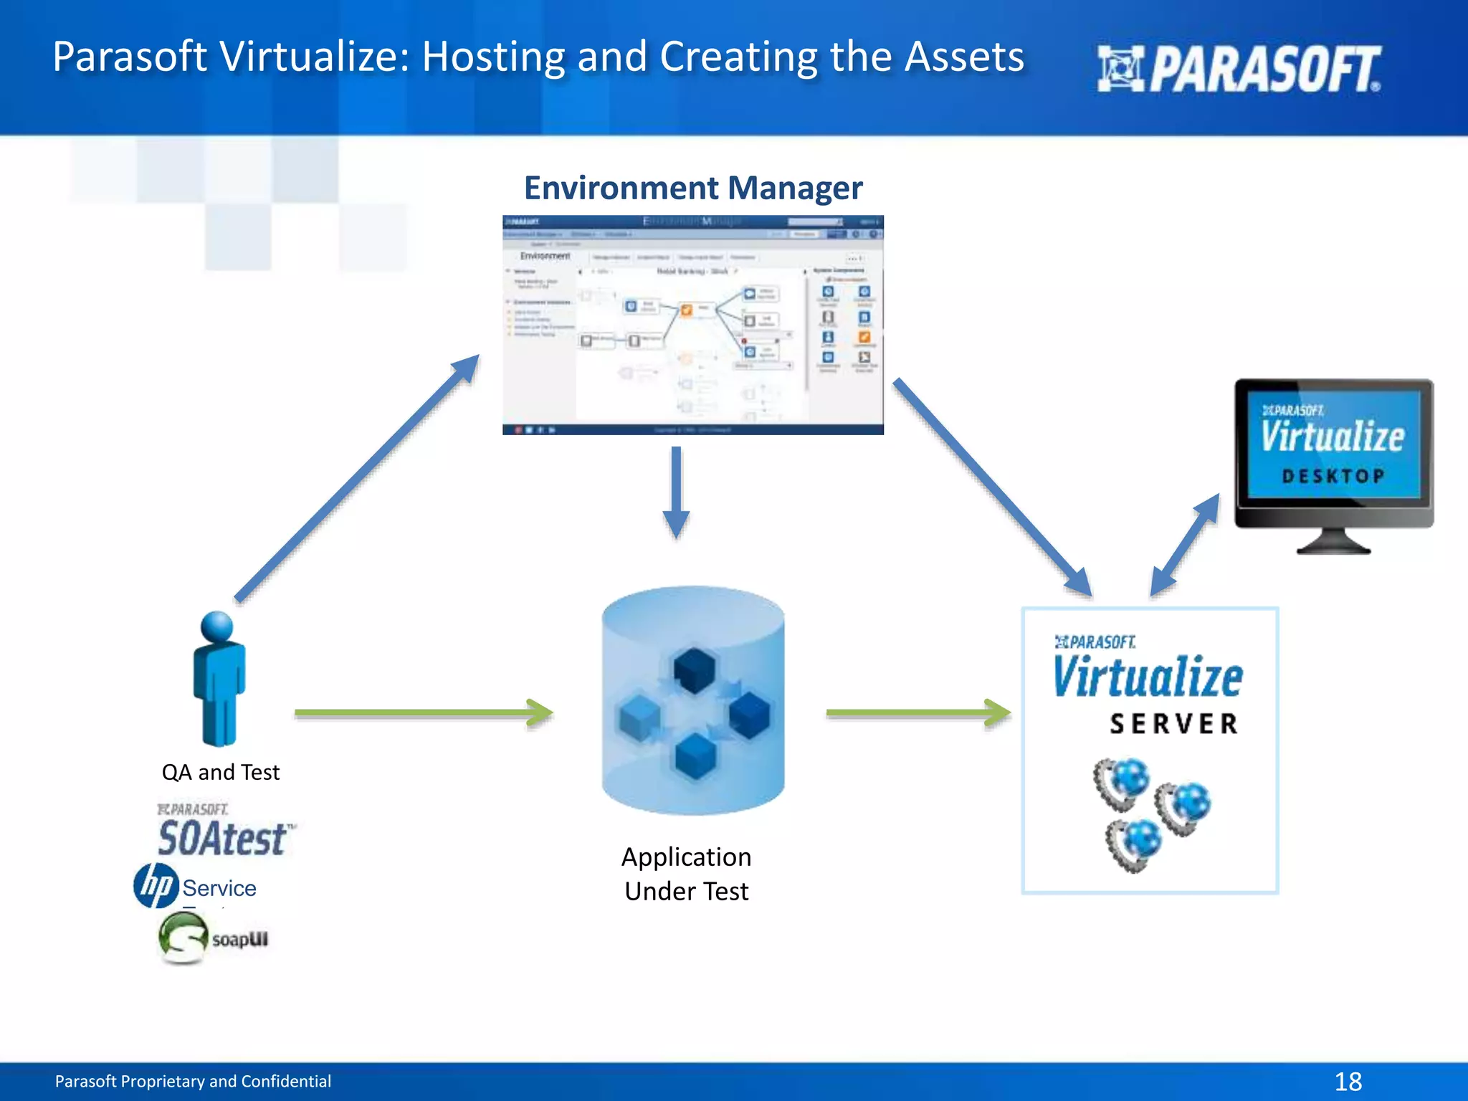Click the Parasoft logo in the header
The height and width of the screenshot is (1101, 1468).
[x=1239, y=69]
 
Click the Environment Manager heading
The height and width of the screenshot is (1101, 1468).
[x=692, y=188]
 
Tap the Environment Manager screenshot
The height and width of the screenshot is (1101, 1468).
[x=692, y=325]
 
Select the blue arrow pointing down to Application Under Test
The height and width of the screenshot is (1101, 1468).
[x=676, y=493]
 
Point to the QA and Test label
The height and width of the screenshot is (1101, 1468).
[x=220, y=772]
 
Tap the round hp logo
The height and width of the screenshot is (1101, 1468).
[x=156, y=885]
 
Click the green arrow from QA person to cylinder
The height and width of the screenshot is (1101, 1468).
[x=423, y=712]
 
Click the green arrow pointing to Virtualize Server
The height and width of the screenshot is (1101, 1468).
[x=917, y=712]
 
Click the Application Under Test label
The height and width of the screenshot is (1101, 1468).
[x=686, y=874]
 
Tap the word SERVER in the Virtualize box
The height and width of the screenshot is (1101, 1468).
[x=1173, y=724]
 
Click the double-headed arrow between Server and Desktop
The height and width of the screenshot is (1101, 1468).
[x=1184, y=545]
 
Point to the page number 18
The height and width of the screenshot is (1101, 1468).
[x=1348, y=1081]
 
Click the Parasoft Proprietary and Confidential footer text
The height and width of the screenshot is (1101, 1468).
[x=193, y=1081]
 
